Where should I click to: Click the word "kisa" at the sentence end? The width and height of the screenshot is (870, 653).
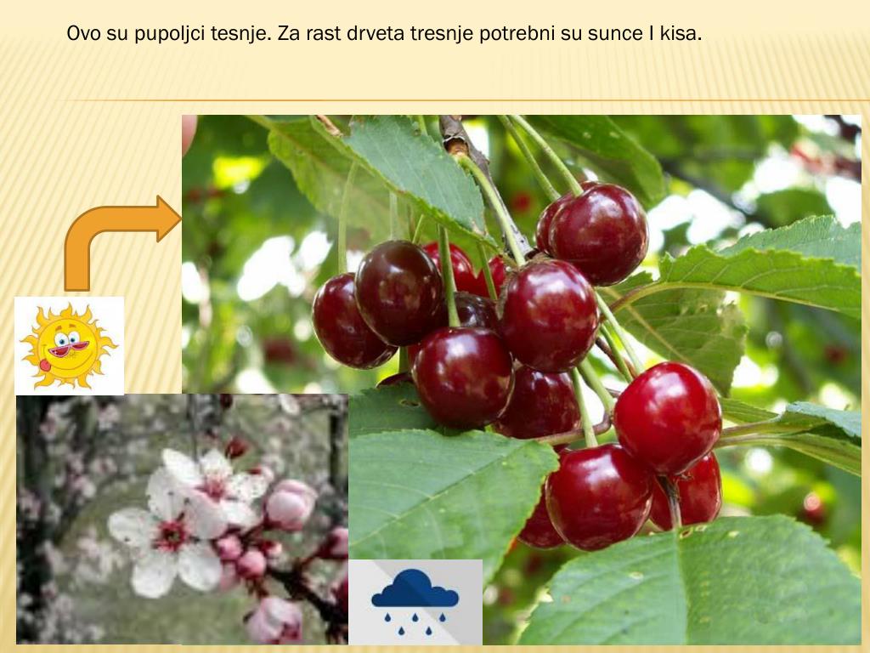point(681,36)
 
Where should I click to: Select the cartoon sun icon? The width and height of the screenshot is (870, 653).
point(69,345)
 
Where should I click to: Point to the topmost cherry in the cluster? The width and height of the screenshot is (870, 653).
point(595,231)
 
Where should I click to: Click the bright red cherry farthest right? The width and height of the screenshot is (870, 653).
point(669,417)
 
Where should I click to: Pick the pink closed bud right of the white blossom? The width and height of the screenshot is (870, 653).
point(289,505)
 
